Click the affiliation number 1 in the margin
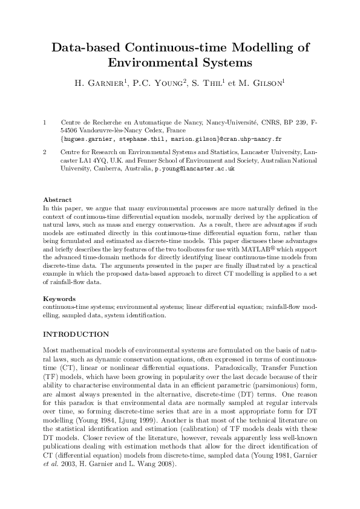45,123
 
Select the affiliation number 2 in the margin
45,153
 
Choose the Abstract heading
57,199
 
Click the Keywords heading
59,299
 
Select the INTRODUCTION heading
76,334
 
